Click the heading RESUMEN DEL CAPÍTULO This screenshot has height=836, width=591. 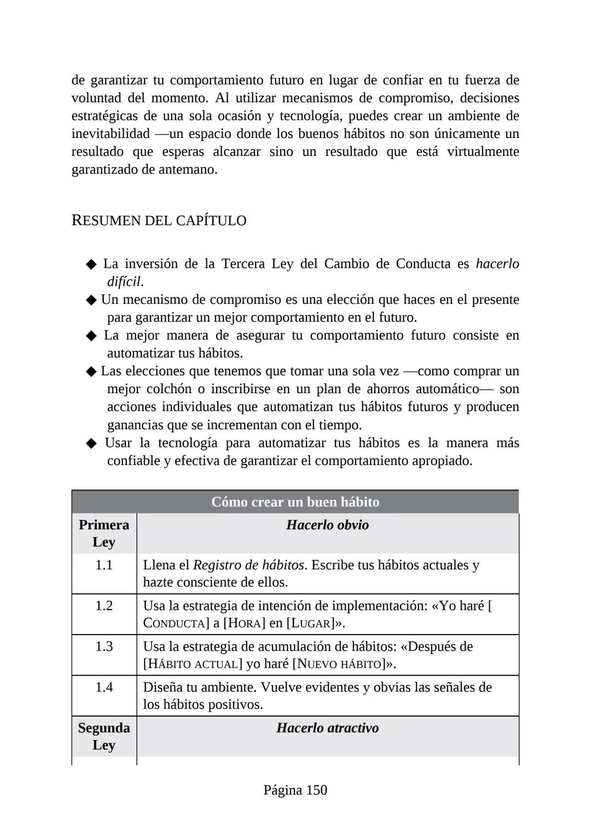tap(159, 221)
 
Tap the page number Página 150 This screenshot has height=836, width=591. tap(295, 790)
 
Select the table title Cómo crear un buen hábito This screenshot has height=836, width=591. tap(295, 502)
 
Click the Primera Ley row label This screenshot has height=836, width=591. tap(104, 533)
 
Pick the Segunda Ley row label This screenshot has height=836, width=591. tap(104, 736)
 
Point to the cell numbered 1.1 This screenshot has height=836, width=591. tap(104, 565)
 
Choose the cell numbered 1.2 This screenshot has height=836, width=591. tap(104, 606)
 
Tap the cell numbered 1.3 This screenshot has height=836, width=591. tap(104, 647)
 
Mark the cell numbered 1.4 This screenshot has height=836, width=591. tap(104, 687)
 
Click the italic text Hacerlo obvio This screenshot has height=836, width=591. tap(327, 525)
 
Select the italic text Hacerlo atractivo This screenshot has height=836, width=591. tap(327, 728)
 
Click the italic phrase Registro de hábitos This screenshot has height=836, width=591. tap(248, 565)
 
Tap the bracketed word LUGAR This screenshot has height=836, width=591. tap(310, 624)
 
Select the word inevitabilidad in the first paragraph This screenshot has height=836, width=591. tap(111, 134)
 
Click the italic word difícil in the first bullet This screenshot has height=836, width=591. tap(124, 282)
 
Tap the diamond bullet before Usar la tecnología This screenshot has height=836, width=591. tap(91, 443)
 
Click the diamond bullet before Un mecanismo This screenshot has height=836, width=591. tap(90, 300)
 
